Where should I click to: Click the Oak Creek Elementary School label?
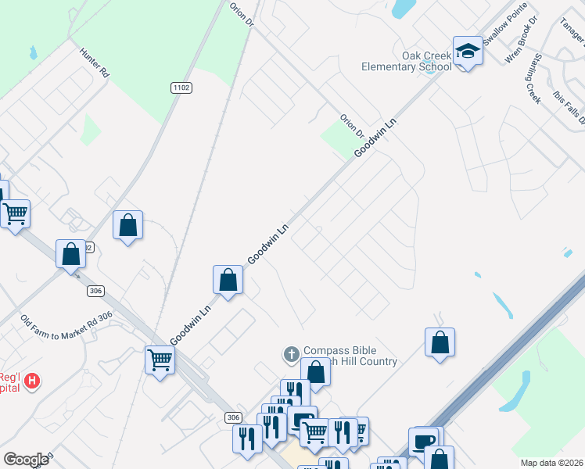pos(406,61)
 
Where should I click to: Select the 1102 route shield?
pos(181,88)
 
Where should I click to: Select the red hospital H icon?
pos(32,381)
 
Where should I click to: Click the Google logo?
pos(26,460)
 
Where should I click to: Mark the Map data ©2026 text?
pos(551,463)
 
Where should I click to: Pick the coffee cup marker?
pos(423,442)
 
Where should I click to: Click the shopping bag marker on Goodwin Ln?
pos(228,280)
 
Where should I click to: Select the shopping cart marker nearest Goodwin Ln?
pos(160,360)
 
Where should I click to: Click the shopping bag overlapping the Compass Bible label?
pos(316,372)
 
